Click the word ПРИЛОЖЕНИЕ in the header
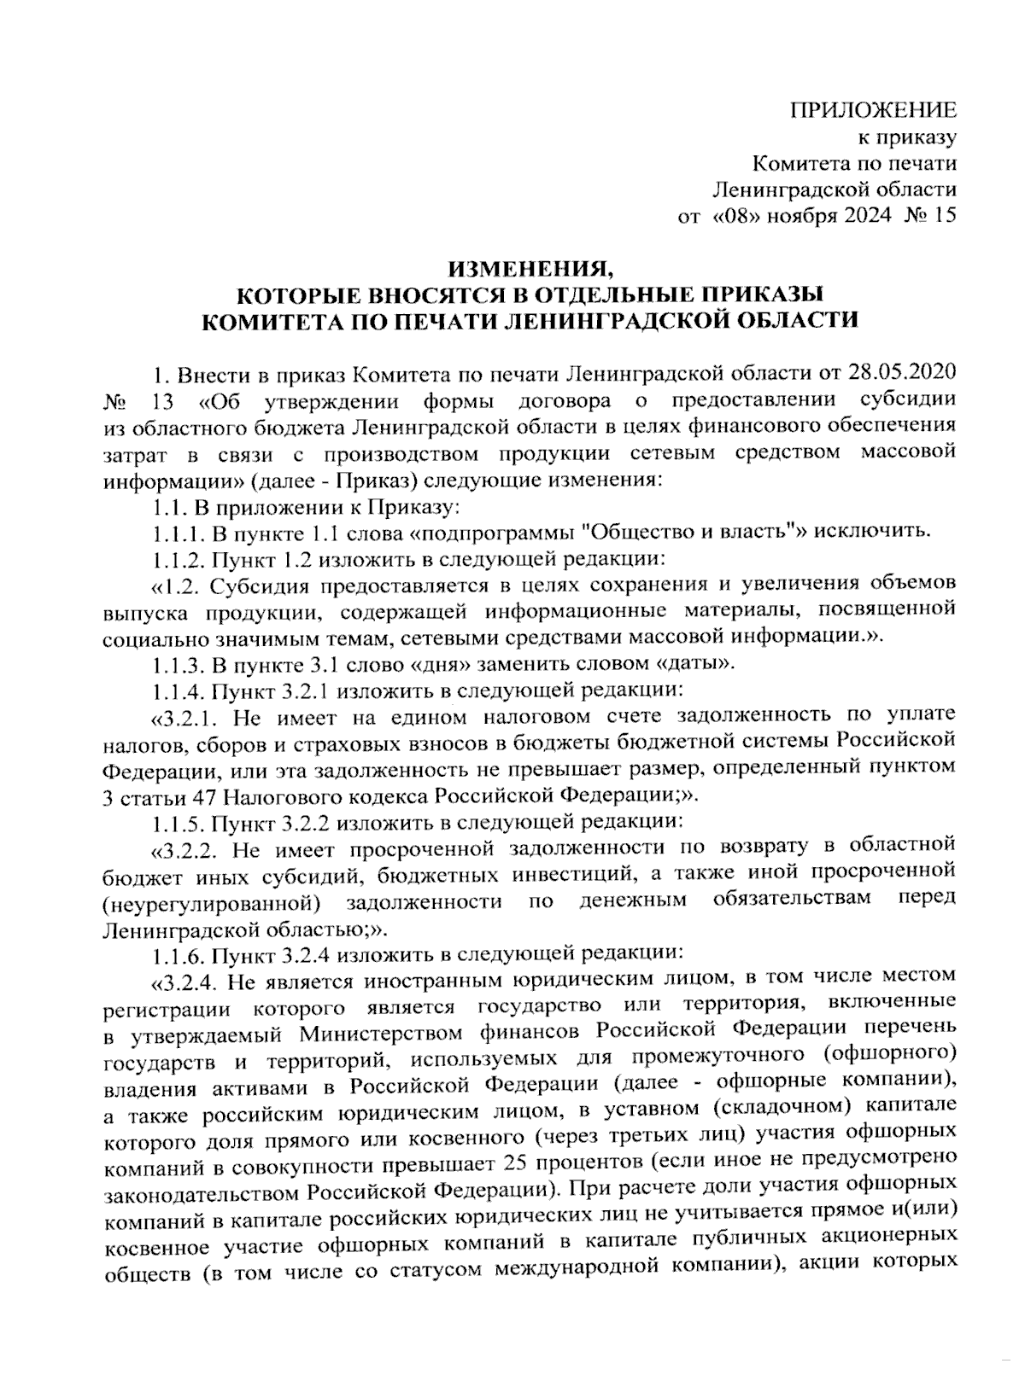coord(872,109)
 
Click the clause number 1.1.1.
coord(179,533)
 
